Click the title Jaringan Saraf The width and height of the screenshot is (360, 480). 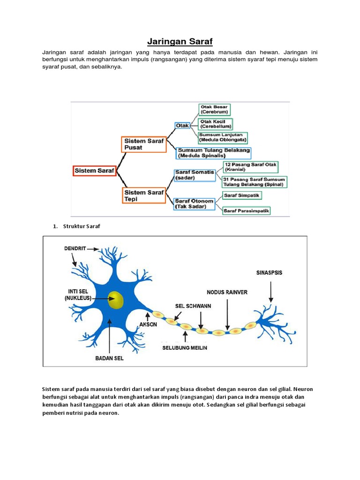coord(180,42)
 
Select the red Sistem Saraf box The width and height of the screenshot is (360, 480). coord(94,171)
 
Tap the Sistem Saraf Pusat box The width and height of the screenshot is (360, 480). coord(144,144)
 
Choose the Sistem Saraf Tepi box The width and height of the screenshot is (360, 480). coord(144,195)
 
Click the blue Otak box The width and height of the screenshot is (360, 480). coord(182,126)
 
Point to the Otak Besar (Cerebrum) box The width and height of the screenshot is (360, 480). coord(215,110)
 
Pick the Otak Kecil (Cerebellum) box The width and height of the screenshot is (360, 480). coord(216,124)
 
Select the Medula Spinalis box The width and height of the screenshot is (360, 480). coord(214,153)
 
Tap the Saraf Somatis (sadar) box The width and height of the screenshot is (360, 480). coord(194,175)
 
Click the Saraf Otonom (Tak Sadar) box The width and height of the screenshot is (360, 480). coord(194,203)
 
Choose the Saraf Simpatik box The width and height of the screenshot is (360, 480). coord(242,195)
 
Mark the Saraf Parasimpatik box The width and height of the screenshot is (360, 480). coord(247,211)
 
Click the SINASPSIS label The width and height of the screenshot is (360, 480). coord(270,272)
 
